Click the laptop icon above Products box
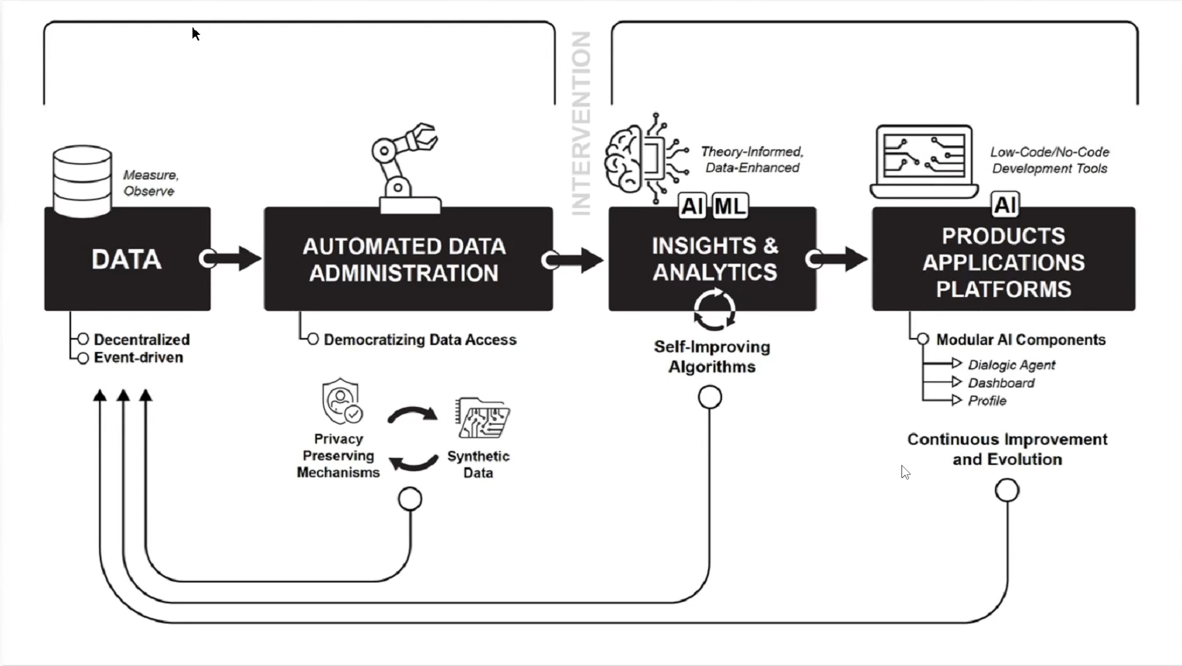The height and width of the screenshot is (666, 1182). coord(924,161)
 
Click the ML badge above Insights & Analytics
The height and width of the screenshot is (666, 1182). coord(730,206)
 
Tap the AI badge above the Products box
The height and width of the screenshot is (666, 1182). coord(1004,205)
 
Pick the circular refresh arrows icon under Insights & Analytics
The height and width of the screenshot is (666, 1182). coord(714,309)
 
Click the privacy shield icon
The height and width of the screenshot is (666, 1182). coord(341,401)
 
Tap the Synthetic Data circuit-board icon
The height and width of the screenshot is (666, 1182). coord(482,418)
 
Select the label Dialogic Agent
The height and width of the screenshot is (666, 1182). coord(1011,364)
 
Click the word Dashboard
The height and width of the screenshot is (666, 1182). coord(1001,383)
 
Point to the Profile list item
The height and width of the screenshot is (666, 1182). coord(987,401)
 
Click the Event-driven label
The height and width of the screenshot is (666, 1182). coord(138,357)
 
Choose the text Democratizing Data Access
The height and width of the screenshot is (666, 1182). coord(420,340)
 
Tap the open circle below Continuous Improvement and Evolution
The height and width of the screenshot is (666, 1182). coord(1007,490)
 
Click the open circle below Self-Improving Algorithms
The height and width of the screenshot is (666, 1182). coord(710,397)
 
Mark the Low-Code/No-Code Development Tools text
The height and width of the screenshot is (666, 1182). coord(1049,160)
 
